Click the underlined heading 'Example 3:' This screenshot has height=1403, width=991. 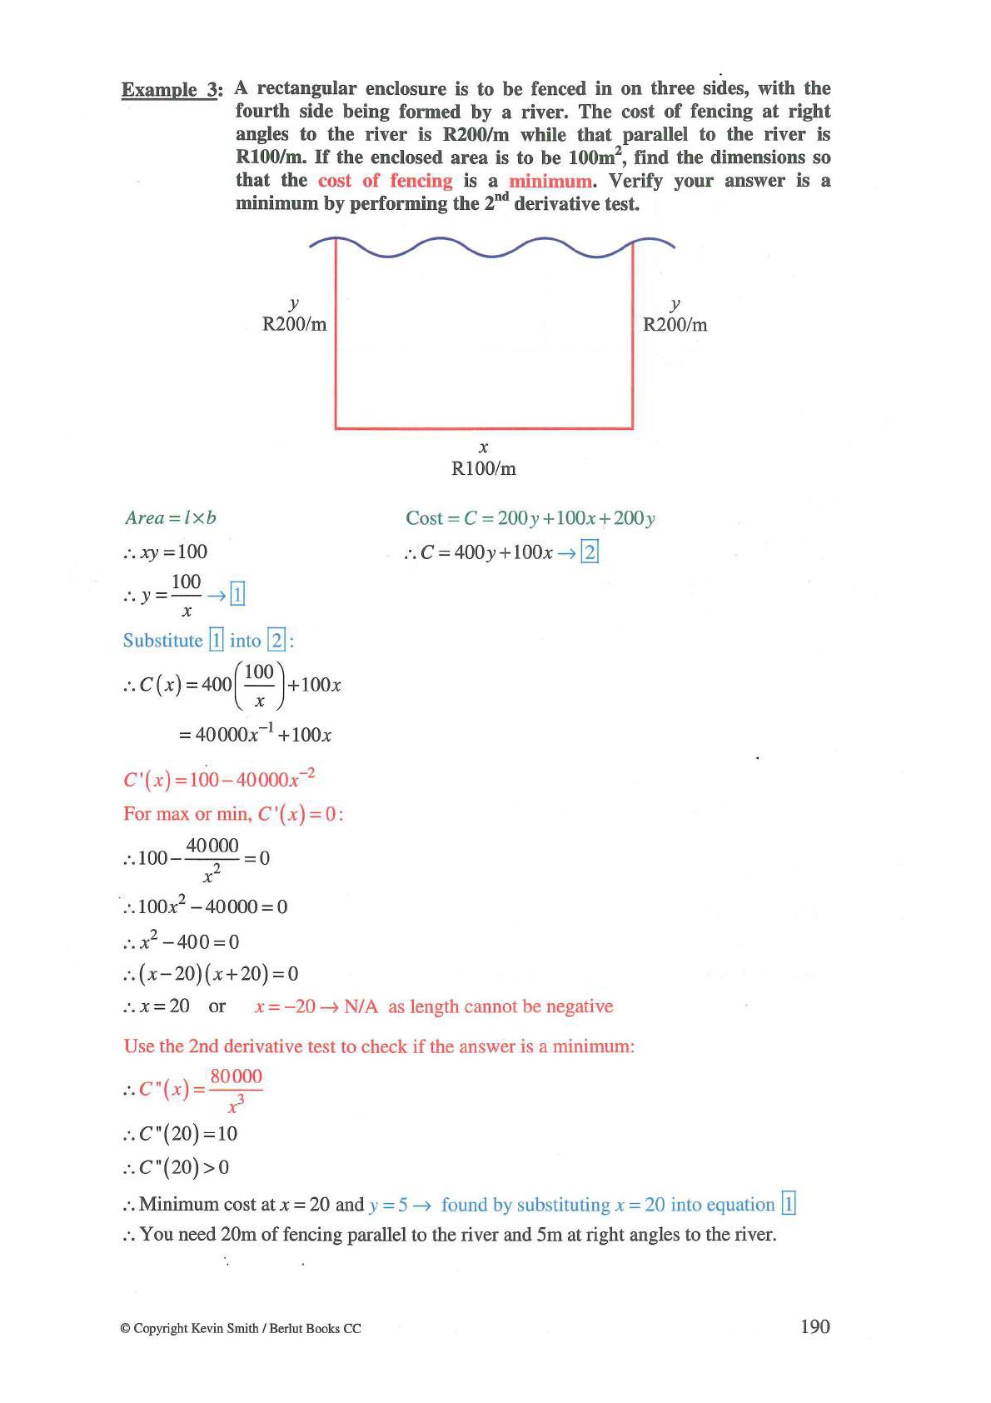point(172,90)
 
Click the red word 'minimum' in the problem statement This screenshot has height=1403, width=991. point(550,181)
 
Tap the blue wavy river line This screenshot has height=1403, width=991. point(491,247)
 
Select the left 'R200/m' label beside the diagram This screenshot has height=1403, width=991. point(294,325)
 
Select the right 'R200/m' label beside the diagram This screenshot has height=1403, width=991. point(675,325)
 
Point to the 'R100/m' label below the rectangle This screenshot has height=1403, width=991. point(483,469)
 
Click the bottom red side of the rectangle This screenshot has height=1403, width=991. point(483,428)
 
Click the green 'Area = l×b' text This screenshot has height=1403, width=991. point(170,518)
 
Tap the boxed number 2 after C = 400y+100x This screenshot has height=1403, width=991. point(590,552)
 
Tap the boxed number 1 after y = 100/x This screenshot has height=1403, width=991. point(237,595)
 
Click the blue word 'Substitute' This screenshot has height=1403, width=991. point(163,641)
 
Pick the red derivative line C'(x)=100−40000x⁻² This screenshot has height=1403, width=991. point(219,780)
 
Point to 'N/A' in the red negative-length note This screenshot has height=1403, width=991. point(361,1007)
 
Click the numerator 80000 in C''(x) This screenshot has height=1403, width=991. point(236,1076)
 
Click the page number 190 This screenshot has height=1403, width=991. point(814,1326)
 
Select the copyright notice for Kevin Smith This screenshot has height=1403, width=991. point(242,1329)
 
